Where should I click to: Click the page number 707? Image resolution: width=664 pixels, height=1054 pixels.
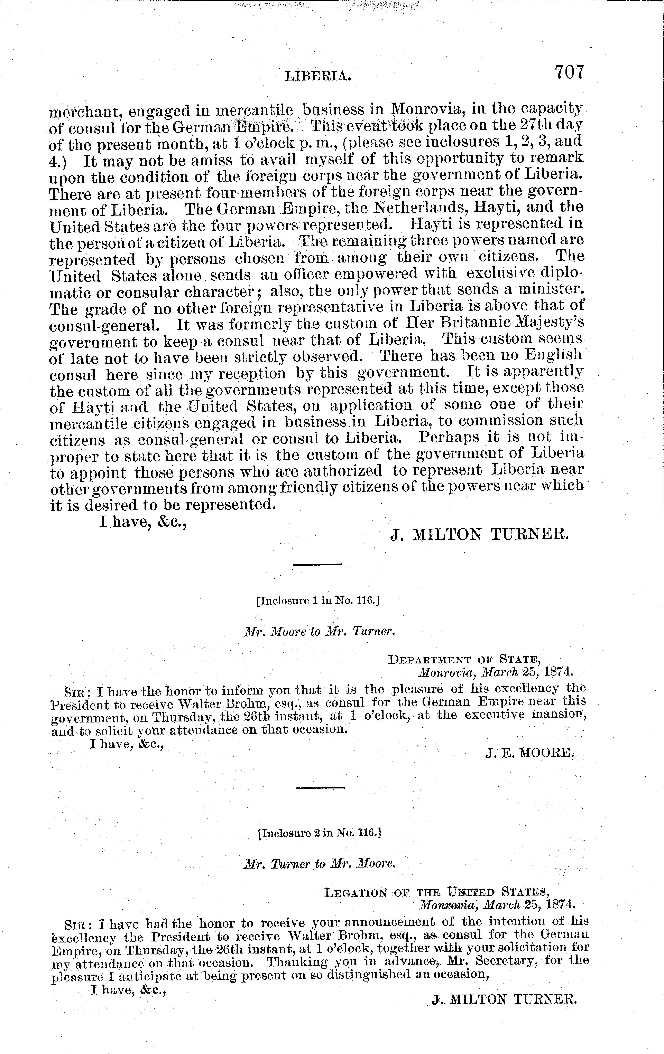(x=569, y=72)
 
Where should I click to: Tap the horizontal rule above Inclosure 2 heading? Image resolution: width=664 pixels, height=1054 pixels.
(x=320, y=788)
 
